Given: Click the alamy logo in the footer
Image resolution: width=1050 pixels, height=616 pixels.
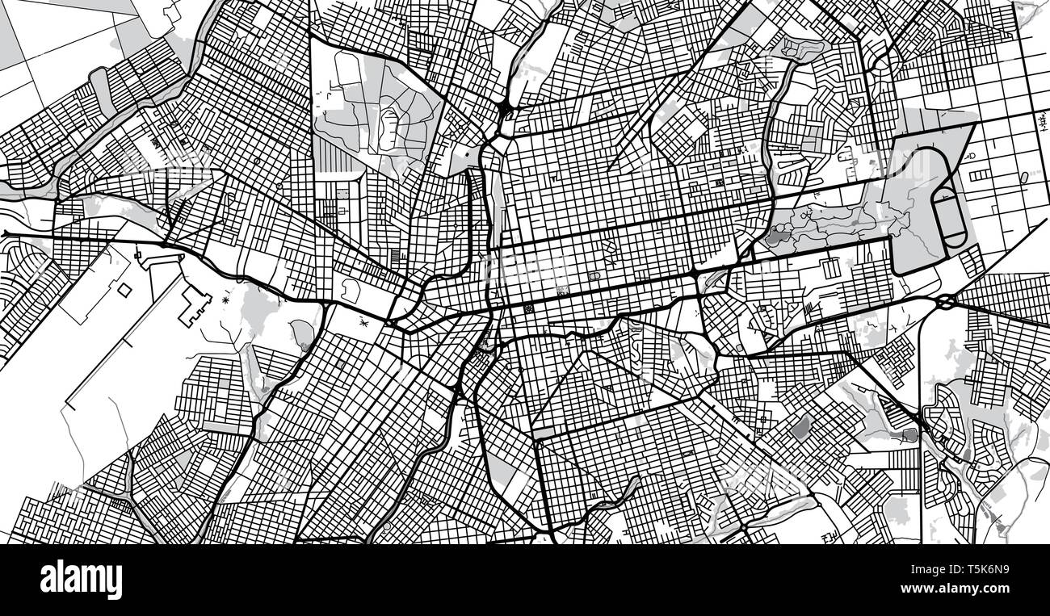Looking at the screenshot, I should (x=81, y=580).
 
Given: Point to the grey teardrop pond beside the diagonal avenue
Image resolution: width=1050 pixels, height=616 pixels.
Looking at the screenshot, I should (x=302, y=331).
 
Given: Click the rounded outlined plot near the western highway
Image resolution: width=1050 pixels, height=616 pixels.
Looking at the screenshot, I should (x=351, y=290).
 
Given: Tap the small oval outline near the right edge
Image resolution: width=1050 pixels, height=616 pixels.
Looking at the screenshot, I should (x=1024, y=177).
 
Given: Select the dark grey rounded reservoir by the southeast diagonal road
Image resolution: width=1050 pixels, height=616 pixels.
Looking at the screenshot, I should (x=910, y=435).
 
